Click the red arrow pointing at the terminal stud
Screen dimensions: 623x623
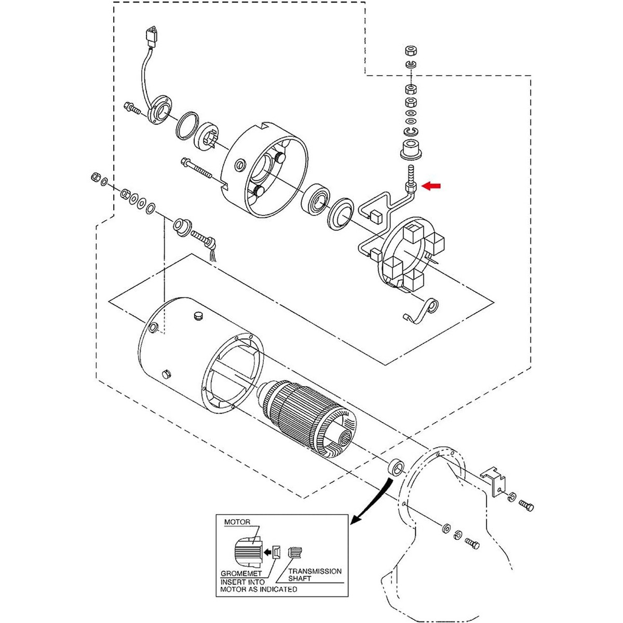tap(431, 186)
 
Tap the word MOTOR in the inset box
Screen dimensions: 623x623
tap(237, 522)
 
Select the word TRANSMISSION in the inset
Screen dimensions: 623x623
tap(315, 571)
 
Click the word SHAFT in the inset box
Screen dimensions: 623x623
tap(300, 579)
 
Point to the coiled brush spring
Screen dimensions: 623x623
tap(422, 310)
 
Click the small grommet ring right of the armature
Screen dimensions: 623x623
tap(396, 467)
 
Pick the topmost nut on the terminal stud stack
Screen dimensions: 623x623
tap(410, 51)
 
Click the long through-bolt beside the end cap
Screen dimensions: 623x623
tap(196, 168)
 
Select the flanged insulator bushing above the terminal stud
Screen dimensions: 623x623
tap(411, 150)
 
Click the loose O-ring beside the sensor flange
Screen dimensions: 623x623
tap(187, 126)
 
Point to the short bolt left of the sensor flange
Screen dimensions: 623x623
tap(132, 107)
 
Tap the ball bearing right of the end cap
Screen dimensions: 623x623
tap(316, 200)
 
